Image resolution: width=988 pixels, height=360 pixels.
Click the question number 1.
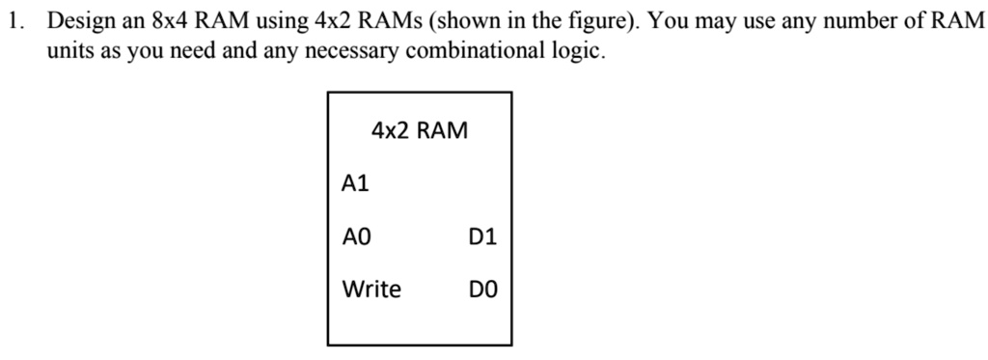pyautogui.click(x=12, y=21)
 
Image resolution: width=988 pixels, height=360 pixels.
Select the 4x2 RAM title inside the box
pyautogui.click(x=419, y=130)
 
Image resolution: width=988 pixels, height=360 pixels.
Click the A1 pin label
pyautogui.click(x=356, y=182)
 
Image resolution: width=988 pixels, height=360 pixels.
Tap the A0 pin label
pyautogui.click(x=356, y=235)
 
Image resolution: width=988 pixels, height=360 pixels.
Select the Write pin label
pyautogui.click(x=371, y=289)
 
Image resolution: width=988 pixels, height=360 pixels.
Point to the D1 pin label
pyautogui.click(x=482, y=235)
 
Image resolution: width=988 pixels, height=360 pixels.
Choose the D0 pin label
pyautogui.click(x=482, y=289)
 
